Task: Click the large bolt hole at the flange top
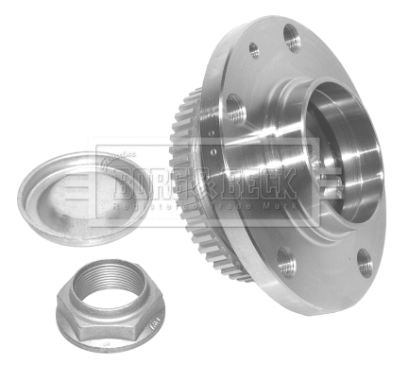click(291, 39)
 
